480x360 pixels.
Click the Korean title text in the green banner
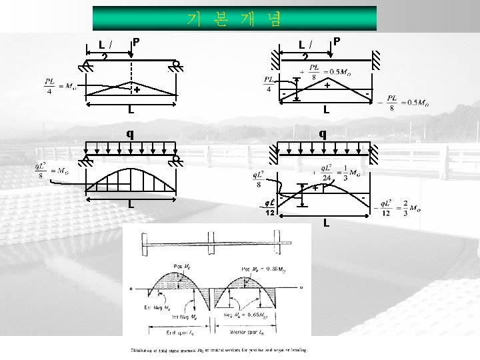click(x=234, y=19)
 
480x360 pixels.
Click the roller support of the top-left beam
click(x=175, y=65)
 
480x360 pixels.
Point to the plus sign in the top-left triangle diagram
click(x=136, y=89)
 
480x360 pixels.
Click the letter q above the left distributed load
click(x=131, y=133)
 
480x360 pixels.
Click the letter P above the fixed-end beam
click(x=337, y=41)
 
